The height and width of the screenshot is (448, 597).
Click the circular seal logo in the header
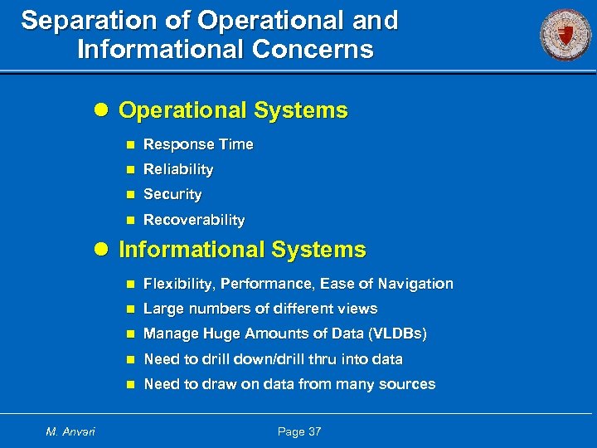coord(565,35)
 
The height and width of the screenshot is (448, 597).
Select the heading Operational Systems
coord(233,110)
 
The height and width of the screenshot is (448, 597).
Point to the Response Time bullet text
coord(198,144)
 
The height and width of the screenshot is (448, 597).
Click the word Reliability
coord(178,169)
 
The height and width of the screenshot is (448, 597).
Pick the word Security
coord(172,194)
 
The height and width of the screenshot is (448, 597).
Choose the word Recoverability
coord(194,220)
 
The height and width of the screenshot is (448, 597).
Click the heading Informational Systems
coord(242,250)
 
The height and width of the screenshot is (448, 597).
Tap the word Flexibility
coord(177,284)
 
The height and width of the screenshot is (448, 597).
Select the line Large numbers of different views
coord(260,309)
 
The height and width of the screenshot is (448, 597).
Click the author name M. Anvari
coord(70,431)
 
